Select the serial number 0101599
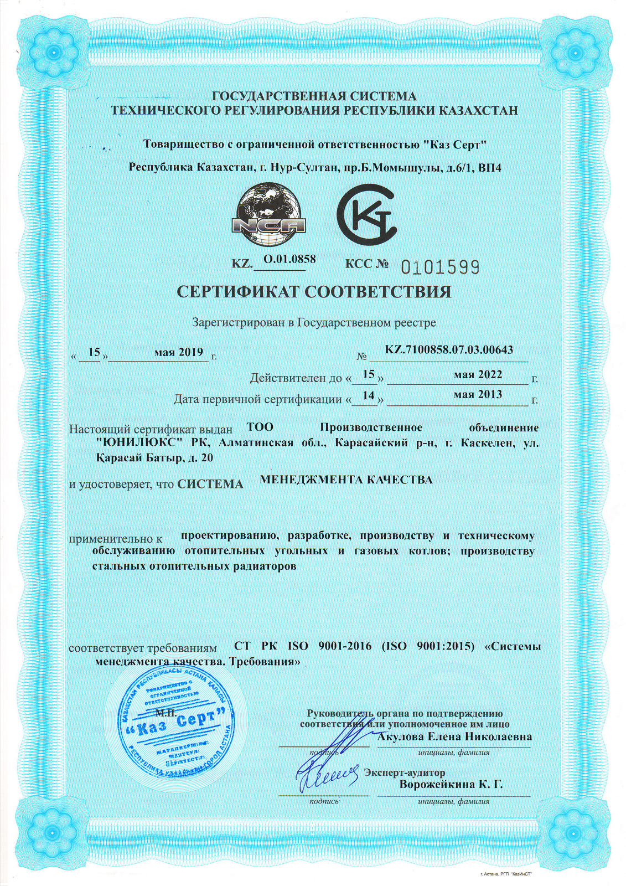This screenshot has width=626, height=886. point(440,267)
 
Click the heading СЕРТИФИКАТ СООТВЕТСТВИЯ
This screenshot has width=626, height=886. point(313,292)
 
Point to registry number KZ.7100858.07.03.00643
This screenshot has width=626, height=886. point(448,349)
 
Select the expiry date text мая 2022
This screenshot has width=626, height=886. point(478,374)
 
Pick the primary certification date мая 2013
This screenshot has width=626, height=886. point(478,394)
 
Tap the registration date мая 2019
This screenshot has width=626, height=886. point(179,352)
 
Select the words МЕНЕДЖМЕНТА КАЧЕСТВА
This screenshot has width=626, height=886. point(346,480)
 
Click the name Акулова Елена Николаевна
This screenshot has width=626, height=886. point(454,736)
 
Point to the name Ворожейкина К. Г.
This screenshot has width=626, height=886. point(451,784)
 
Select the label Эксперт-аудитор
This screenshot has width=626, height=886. point(405,772)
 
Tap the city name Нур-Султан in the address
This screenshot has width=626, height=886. point(303,167)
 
